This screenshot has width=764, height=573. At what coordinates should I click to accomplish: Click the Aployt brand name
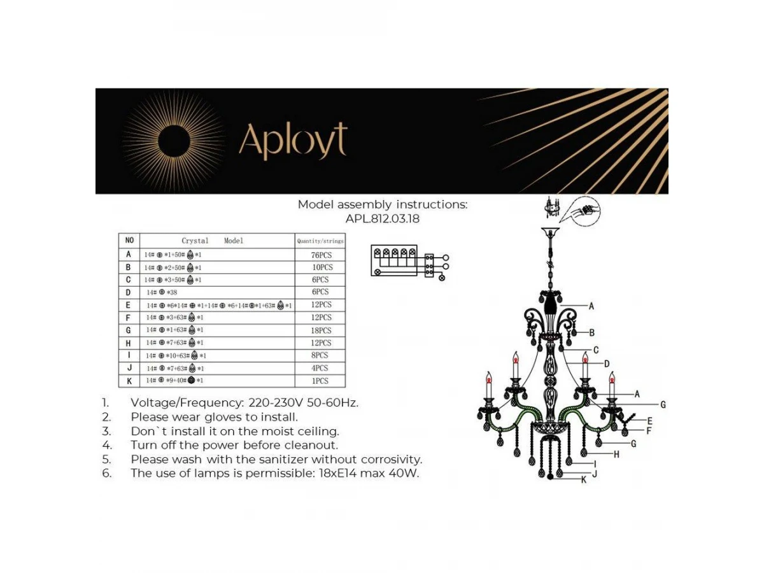click(294, 141)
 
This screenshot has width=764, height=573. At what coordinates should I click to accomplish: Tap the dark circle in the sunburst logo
click(173, 141)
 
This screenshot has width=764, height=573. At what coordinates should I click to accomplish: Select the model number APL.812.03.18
click(383, 218)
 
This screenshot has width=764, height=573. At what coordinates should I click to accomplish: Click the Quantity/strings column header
click(320, 241)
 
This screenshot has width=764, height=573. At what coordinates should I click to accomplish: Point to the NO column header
click(129, 241)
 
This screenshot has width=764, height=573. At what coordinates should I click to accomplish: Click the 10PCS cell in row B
click(322, 267)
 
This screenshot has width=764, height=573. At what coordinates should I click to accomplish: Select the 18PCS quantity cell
click(321, 330)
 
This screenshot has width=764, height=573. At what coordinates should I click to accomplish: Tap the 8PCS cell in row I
click(321, 355)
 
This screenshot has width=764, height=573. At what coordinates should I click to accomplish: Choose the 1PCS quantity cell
click(321, 381)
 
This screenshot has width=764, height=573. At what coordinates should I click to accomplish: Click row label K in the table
click(129, 381)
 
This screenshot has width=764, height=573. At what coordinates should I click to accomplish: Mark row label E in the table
click(129, 305)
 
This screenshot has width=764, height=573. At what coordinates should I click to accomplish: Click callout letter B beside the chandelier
click(591, 332)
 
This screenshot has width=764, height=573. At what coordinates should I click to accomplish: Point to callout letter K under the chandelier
click(583, 480)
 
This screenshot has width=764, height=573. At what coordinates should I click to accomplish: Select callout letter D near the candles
click(607, 364)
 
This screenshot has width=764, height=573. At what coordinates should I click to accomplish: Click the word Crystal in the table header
click(195, 241)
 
